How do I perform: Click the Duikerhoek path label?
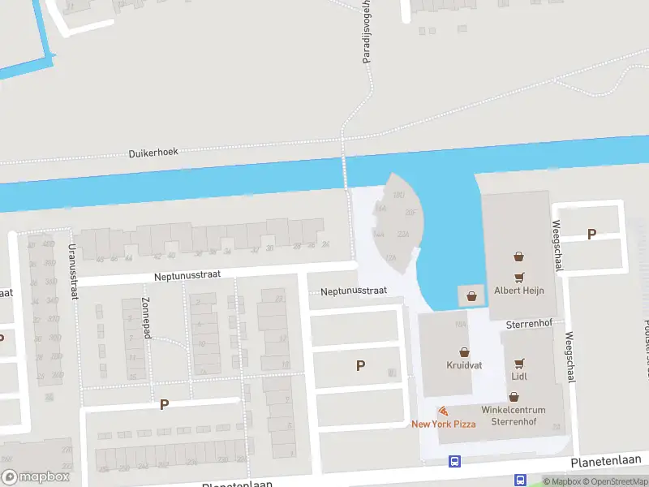click(x=153, y=152)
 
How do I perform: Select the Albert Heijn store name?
click(x=519, y=291)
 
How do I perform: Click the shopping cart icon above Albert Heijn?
click(x=519, y=276)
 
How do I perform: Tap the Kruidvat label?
click(x=464, y=365)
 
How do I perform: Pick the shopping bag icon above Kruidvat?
click(x=465, y=352)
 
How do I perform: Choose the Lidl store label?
click(x=520, y=377)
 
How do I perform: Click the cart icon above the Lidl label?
click(x=520, y=364)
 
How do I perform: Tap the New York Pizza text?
click(x=443, y=425)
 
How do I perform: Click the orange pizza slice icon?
click(x=443, y=412)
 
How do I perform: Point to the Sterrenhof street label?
click(x=528, y=323)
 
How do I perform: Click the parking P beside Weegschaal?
click(x=591, y=235)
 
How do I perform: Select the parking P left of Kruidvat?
click(x=360, y=366)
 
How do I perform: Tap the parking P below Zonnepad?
click(x=164, y=404)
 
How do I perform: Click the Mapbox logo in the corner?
click(x=35, y=477)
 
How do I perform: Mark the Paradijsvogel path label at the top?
click(x=367, y=32)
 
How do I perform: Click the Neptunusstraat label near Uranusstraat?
click(x=188, y=277)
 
